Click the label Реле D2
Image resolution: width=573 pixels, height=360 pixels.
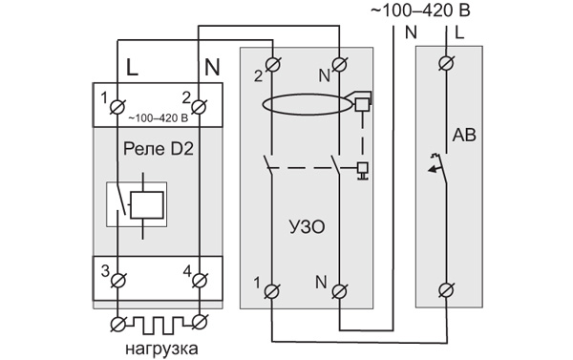click(x=159, y=149)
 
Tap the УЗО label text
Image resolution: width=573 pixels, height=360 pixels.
click(x=307, y=227)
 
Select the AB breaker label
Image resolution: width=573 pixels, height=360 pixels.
click(x=464, y=136)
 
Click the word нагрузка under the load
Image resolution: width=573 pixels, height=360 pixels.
click(x=161, y=349)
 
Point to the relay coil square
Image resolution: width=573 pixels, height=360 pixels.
click(x=146, y=204)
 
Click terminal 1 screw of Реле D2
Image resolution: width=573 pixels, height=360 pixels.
click(x=117, y=108)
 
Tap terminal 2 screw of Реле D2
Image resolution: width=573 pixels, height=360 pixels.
click(x=199, y=108)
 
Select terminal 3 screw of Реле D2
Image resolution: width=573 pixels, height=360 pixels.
click(x=117, y=281)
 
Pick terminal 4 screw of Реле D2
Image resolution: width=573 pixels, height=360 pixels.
click(x=200, y=281)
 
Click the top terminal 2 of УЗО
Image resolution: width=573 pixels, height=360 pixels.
click(x=272, y=64)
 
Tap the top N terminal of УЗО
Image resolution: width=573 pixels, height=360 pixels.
click(x=339, y=64)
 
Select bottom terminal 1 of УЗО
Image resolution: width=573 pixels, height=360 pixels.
click(x=272, y=291)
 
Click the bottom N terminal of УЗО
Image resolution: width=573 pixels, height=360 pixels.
click(x=339, y=291)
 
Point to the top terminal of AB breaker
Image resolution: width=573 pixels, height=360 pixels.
click(x=446, y=63)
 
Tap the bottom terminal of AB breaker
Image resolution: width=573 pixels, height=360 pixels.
click(x=446, y=291)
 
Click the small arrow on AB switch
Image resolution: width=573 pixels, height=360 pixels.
click(x=434, y=169)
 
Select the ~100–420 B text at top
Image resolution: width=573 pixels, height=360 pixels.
click(x=420, y=11)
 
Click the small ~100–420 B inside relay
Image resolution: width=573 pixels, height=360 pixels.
click(x=159, y=118)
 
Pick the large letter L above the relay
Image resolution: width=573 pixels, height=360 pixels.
click(x=132, y=67)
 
